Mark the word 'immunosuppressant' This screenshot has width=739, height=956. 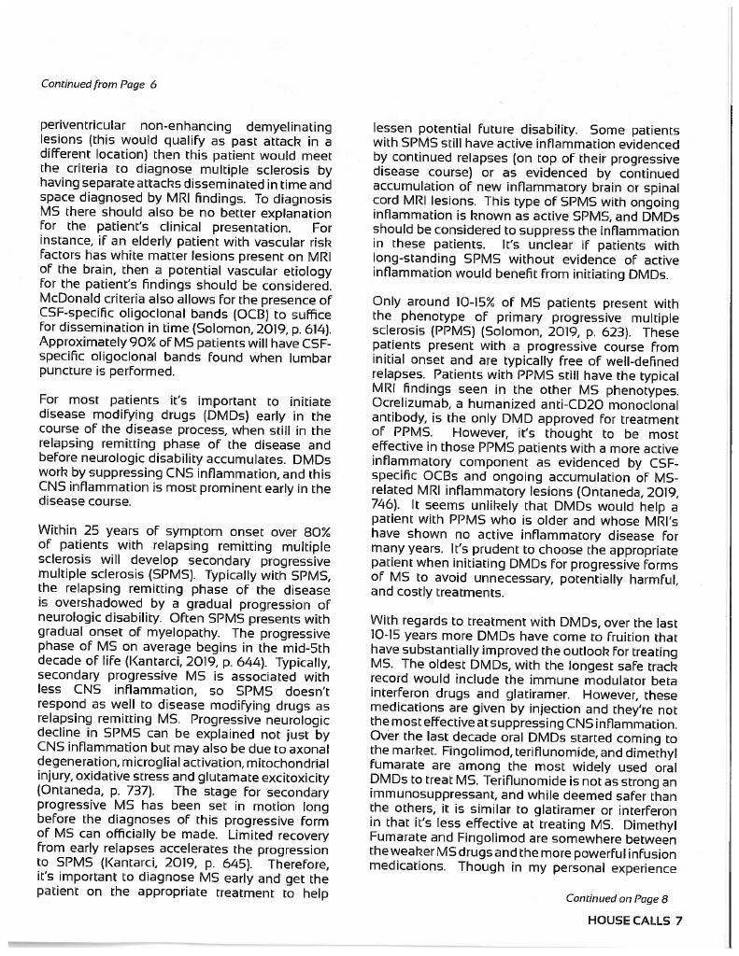(x=429, y=808)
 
